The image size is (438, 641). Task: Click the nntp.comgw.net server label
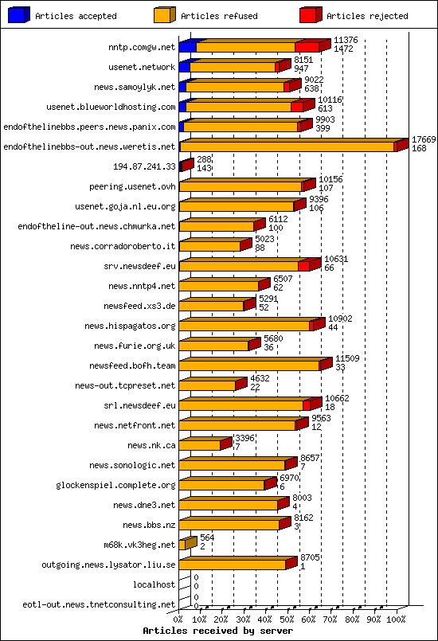[x=142, y=47]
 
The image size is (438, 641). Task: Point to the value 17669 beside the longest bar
[x=424, y=139]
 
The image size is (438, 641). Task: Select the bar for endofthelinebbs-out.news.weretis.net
[x=287, y=147]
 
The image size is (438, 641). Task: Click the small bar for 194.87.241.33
[x=186, y=166]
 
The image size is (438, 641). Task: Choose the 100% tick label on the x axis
[x=396, y=618]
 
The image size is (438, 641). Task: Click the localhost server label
[x=154, y=584]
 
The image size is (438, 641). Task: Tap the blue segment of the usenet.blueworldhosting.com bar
[x=182, y=107]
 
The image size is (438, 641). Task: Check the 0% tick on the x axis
[x=178, y=618]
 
